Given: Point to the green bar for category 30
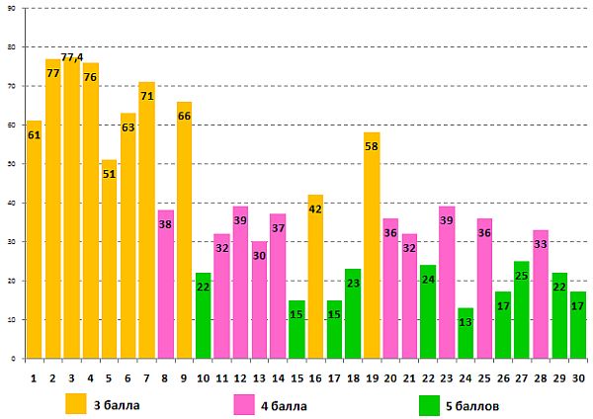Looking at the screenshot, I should point(578,326).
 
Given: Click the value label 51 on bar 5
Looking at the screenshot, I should point(109,174).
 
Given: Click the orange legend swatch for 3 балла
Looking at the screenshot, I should point(76,403).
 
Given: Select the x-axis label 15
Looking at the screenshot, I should point(296,377).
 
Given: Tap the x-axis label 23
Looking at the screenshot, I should point(447,377).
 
